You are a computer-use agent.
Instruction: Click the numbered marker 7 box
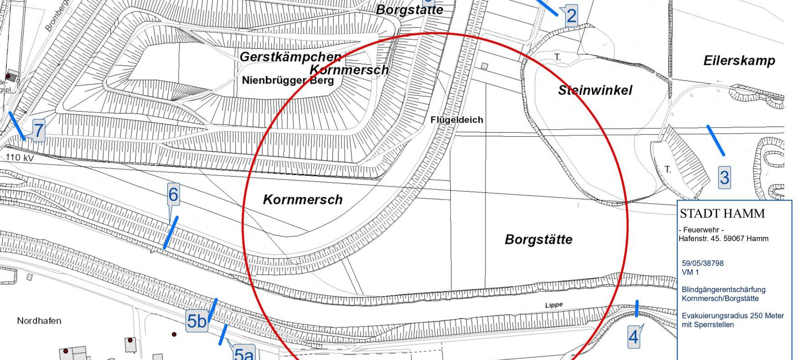coord(39,131)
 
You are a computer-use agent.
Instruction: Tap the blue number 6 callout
coord(173,195)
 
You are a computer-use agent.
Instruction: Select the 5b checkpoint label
coord(197,321)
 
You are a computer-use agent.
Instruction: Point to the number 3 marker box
coord(724,177)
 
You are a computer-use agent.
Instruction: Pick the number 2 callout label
coord(571,16)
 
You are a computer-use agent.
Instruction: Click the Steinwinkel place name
coord(595,90)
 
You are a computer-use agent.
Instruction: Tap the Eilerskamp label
coord(739,61)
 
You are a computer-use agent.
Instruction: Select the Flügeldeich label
coord(457,120)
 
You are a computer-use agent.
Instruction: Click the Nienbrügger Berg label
coord(288,81)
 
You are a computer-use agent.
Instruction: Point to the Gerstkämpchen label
coord(290,57)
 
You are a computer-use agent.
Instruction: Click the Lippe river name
coord(554,305)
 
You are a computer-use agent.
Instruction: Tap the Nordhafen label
coord(39,321)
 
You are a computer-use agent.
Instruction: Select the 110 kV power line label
coord(20,158)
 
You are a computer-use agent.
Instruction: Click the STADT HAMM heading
coord(722,213)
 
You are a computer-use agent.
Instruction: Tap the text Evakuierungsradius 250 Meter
coord(733,316)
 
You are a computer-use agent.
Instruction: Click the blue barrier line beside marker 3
coord(716,140)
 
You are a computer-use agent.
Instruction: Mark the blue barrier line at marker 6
coord(171,232)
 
